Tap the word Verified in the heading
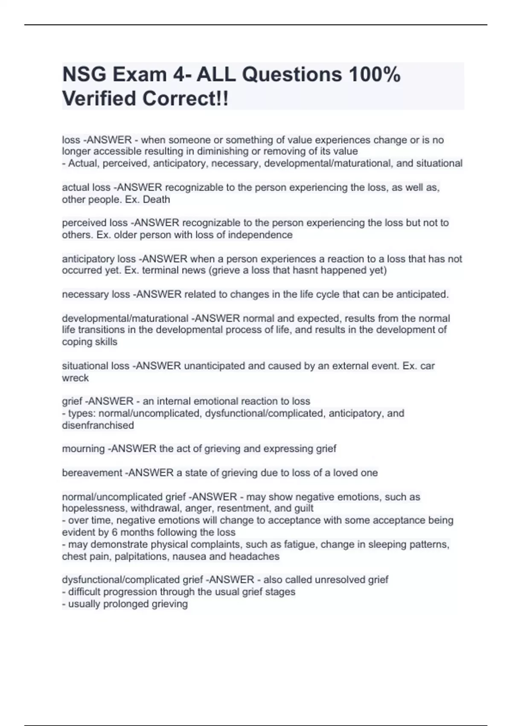(99, 99)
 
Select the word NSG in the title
(84, 75)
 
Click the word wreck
(76, 378)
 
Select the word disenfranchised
(98, 425)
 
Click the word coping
(75, 342)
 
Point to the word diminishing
(223, 151)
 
